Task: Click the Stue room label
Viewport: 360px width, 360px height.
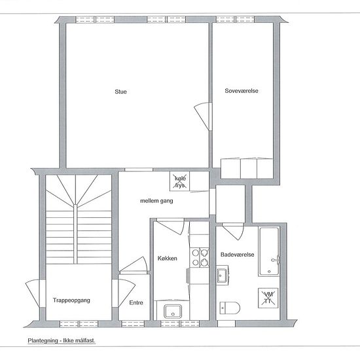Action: [121, 92]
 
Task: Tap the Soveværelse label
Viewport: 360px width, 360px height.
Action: [242, 91]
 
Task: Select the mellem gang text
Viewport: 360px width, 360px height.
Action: [156, 201]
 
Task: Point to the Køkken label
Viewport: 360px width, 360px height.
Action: [168, 259]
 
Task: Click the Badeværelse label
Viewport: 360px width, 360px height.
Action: [238, 255]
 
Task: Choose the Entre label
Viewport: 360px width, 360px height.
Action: [136, 302]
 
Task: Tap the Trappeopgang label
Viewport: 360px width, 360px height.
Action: [71, 300]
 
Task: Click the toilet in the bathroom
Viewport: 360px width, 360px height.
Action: [230, 308]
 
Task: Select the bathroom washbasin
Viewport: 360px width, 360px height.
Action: [223, 275]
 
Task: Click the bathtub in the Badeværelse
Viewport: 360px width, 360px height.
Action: [269, 251]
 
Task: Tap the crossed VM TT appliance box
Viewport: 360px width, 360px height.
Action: [268, 298]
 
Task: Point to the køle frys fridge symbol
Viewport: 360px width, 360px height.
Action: [180, 181]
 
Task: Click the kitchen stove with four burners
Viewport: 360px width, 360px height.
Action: [200, 258]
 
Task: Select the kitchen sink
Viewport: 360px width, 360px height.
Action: [173, 312]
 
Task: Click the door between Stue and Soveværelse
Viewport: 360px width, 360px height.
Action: [203, 117]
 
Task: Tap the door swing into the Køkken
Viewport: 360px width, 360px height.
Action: [171, 226]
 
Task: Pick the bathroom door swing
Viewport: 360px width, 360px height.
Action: [233, 232]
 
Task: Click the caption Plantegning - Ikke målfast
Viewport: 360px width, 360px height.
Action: [62, 340]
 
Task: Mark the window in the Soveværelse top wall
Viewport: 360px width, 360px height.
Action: [236, 19]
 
